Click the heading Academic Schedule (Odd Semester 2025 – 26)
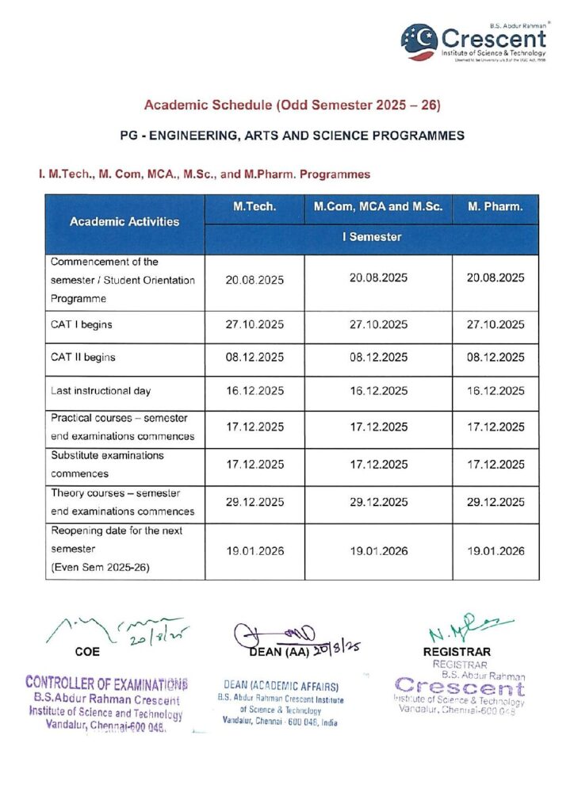tap(292, 105)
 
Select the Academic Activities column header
tap(124, 222)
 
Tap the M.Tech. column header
tap(254, 207)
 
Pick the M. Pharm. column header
tap(496, 207)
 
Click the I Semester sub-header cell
tap(372, 237)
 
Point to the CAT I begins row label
tap(82, 324)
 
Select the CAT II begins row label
tap(83, 357)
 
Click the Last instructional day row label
tap(101, 391)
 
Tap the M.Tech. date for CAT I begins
tap(254, 324)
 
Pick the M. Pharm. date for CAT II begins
tap(496, 357)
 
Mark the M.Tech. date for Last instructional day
tap(254, 391)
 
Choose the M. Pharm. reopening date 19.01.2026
tap(496, 550)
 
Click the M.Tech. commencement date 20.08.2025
tap(254, 279)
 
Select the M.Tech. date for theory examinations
tap(254, 503)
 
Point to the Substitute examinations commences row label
tap(107, 465)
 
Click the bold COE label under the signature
tap(87, 651)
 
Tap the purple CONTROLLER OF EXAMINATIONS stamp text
tap(107, 682)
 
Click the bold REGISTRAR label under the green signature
tap(457, 652)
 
